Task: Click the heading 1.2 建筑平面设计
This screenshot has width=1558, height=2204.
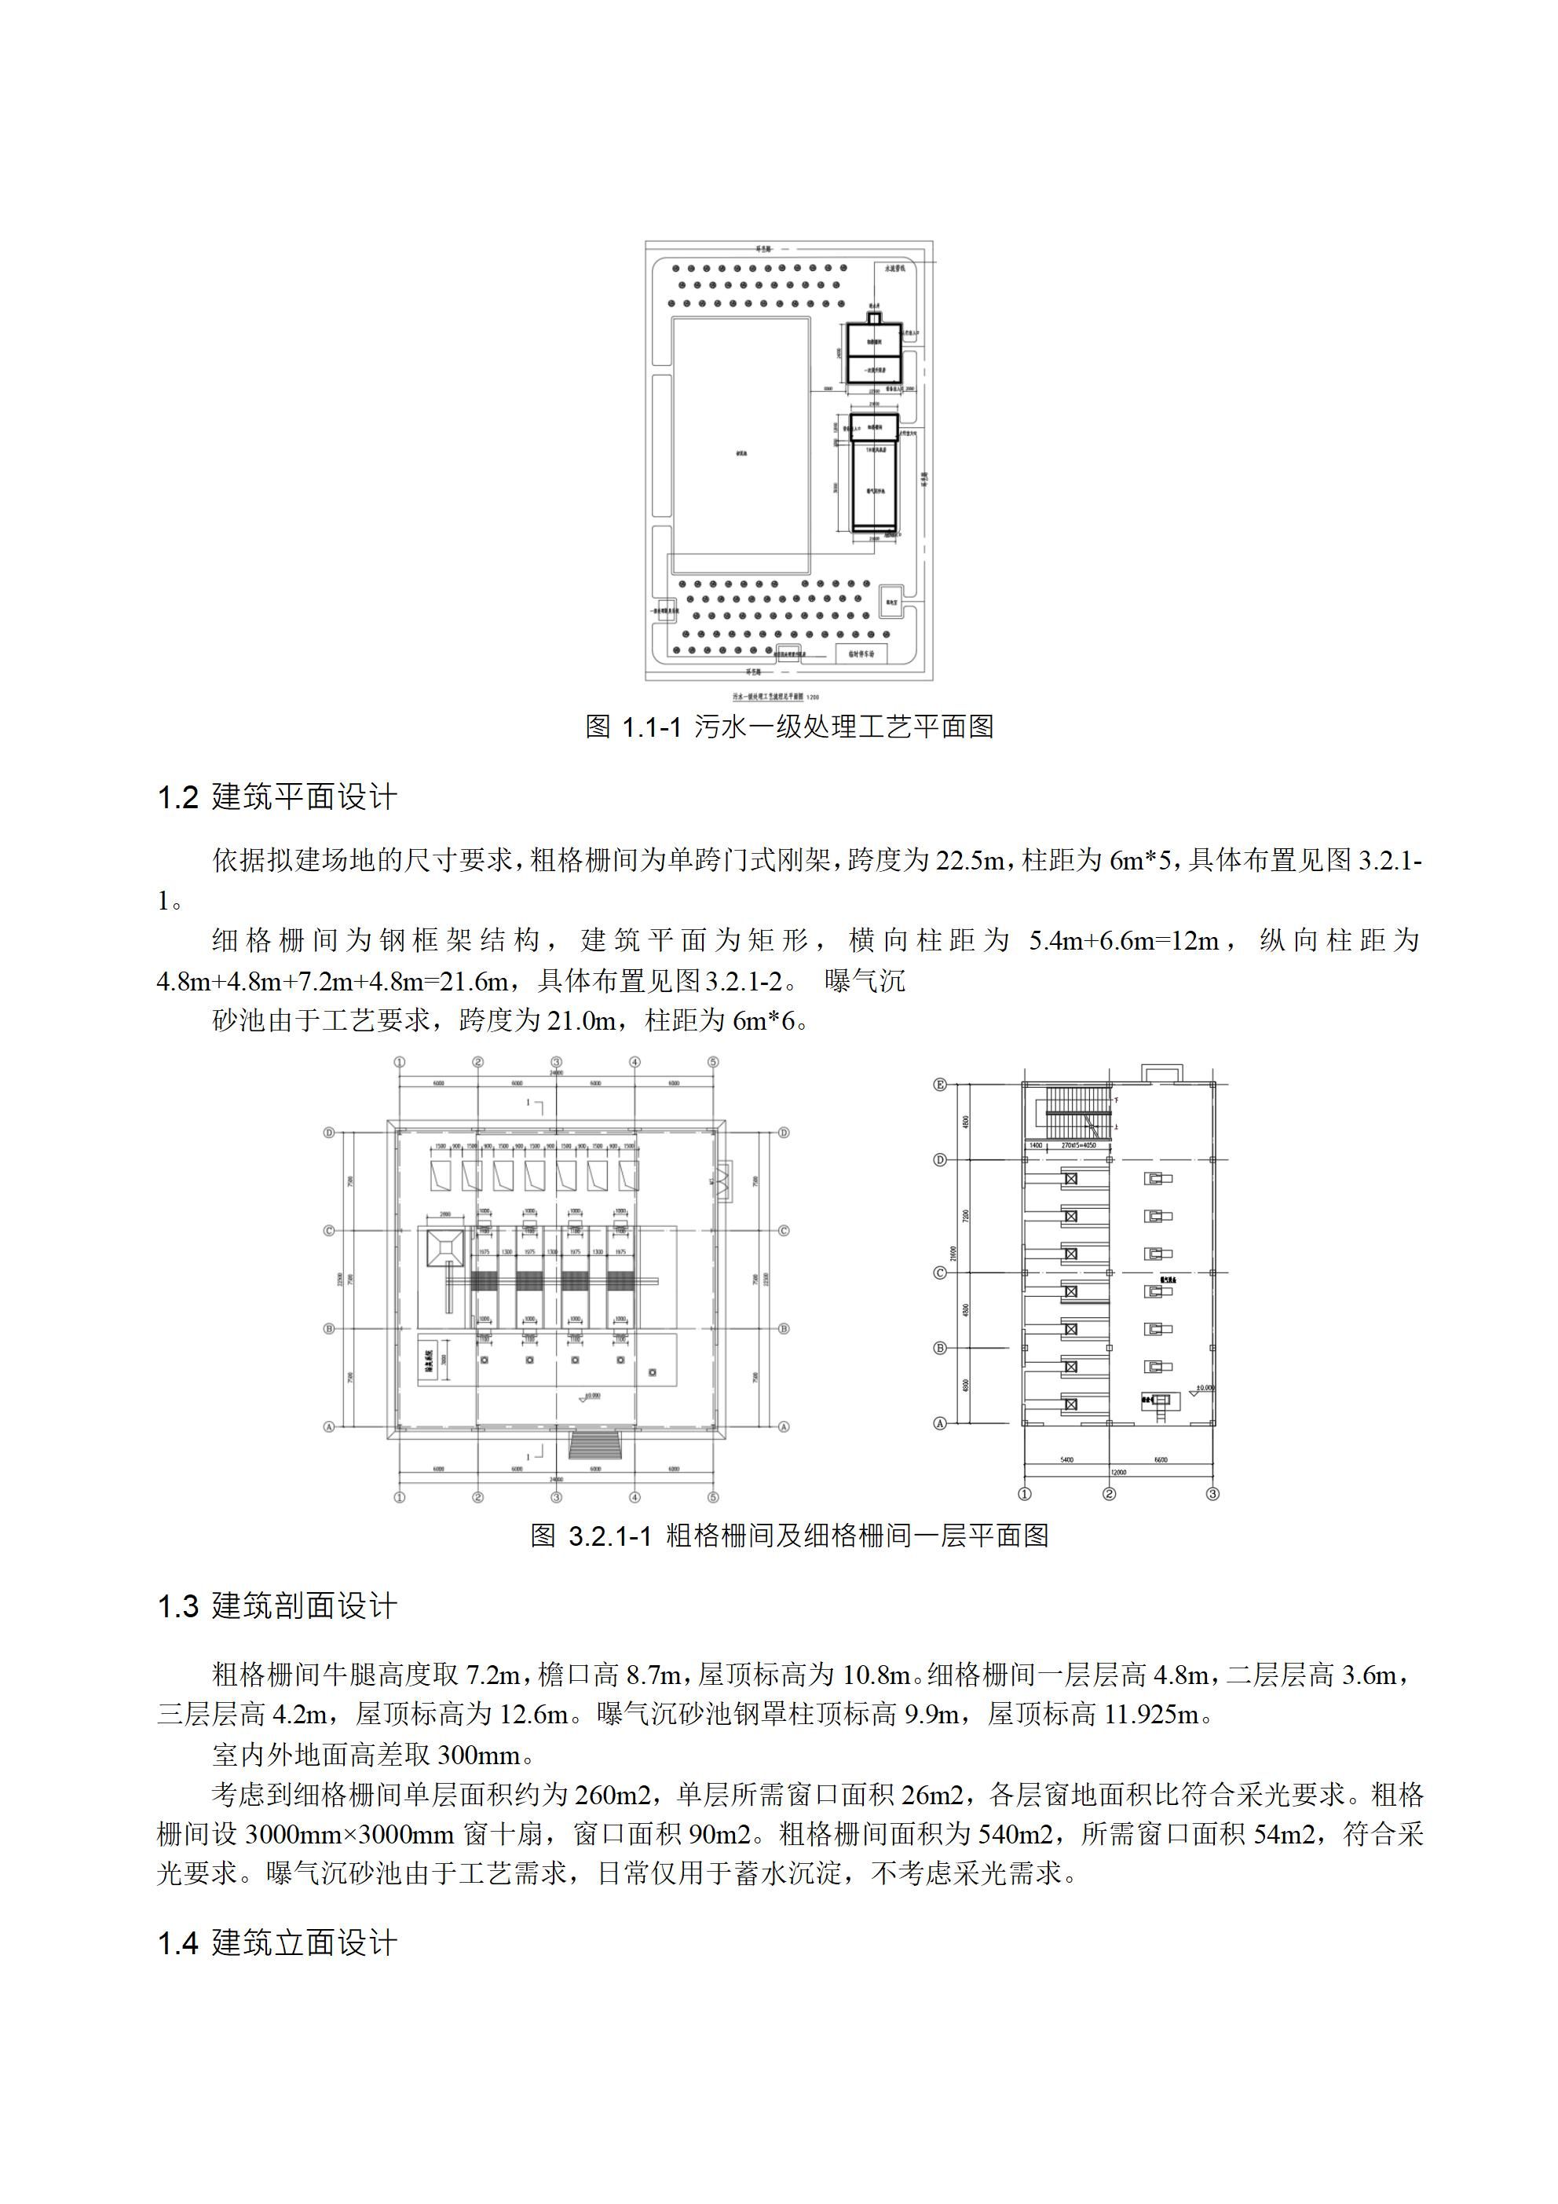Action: pyautogui.click(x=276, y=796)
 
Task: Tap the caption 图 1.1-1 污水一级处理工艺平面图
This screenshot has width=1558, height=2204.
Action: pyautogui.click(x=789, y=726)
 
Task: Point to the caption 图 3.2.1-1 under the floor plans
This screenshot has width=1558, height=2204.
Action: pyautogui.click(x=789, y=1535)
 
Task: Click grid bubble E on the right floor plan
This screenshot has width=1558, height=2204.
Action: pyautogui.click(x=941, y=1085)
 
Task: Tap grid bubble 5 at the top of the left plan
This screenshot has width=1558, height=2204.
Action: pyautogui.click(x=713, y=1063)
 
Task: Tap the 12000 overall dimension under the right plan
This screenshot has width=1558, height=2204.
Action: pyautogui.click(x=1118, y=1472)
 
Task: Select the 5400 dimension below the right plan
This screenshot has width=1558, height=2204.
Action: pyautogui.click(x=1066, y=1459)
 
